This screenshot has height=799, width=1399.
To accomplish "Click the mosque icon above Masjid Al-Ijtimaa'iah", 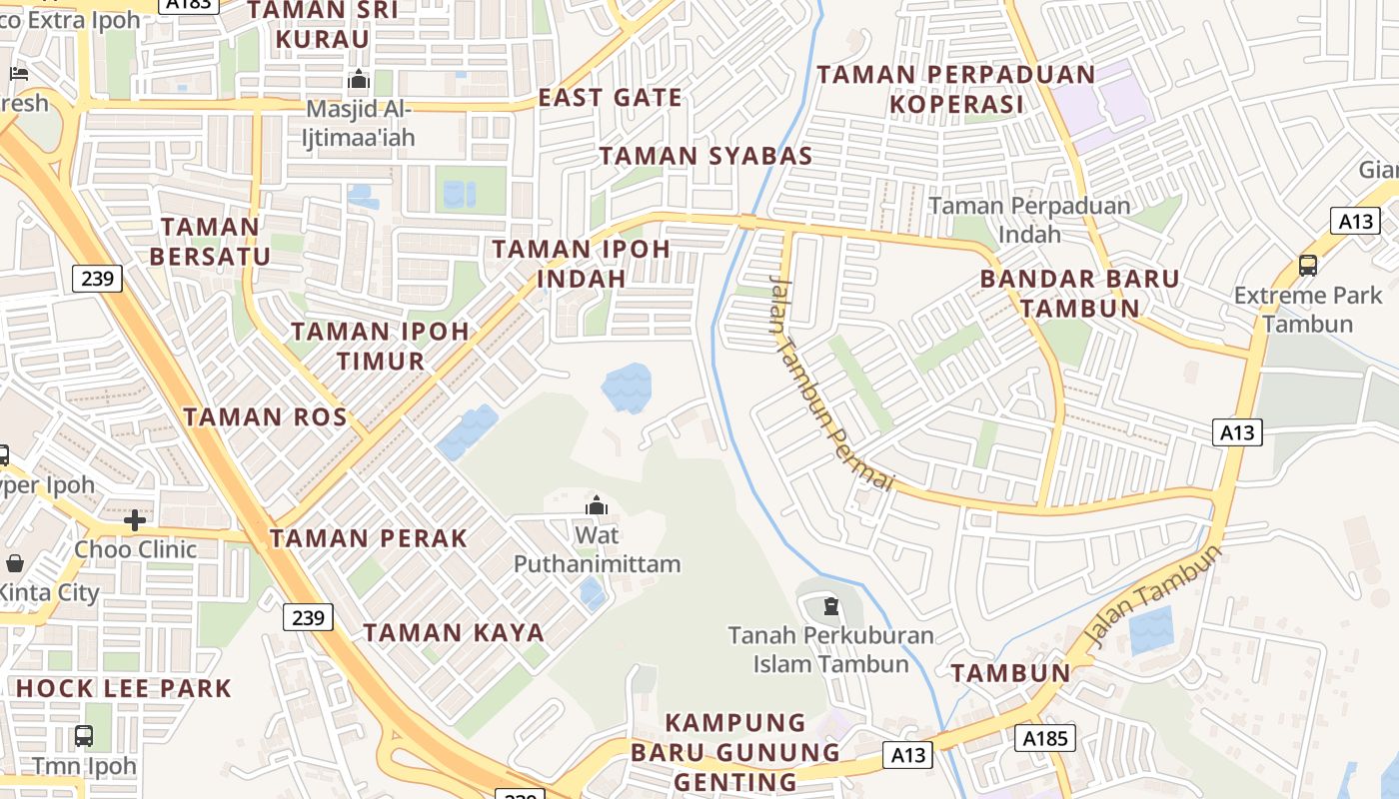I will (x=358, y=81).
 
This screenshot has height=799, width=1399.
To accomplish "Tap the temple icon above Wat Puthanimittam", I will (x=597, y=505).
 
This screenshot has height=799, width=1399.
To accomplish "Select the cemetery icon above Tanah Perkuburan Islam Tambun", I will (x=830, y=605).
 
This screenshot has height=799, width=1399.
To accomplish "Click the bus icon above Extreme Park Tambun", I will (x=1307, y=265).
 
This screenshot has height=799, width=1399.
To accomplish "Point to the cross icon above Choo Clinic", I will (x=135, y=519).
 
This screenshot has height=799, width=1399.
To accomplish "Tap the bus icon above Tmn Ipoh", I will (x=84, y=737).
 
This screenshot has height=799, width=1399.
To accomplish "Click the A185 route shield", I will (x=1045, y=738).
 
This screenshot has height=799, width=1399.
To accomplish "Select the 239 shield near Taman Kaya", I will (x=308, y=617).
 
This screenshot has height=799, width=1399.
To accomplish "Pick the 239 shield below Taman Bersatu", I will (x=97, y=278).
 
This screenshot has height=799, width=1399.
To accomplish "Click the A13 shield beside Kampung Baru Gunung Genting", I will (x=907, y=755).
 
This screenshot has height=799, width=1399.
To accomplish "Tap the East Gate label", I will (x=610, y=98).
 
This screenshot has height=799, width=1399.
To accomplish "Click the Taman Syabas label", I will (x=705, y=156).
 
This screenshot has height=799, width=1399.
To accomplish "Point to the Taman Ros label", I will (x=265, y=417).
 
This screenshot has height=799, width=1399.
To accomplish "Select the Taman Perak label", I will (x=369, y=538).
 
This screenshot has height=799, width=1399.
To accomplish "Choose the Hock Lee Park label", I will (x=124, y=688).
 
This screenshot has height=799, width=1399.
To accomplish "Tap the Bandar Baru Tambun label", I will (x=1079, y=293).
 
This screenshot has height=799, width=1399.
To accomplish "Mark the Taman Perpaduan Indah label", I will (x=1029, y=220).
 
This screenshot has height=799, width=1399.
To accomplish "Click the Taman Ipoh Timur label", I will (x=380, y=346).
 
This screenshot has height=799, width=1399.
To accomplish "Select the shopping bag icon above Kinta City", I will (x=14, y=564).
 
